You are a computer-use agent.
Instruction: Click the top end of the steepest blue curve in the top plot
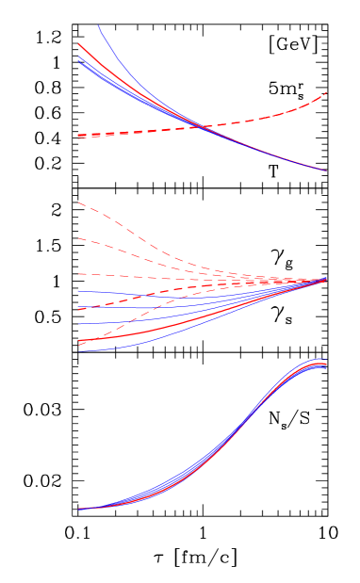[x=98, y=25]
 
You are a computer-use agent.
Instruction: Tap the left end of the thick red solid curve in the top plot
[x=79, y=43]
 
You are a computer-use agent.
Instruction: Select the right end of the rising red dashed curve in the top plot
[x=326, y=92]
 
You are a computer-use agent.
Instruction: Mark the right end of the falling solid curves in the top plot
[x=326, y=170]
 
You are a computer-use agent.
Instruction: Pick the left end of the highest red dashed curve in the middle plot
[x=79, y=202]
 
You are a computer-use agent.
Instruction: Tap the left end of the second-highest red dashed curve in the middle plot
[x=79, y=238]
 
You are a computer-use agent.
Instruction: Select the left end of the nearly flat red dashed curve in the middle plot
[x=79, y=274]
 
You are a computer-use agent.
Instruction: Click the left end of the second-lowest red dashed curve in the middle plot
[x=79, y=309]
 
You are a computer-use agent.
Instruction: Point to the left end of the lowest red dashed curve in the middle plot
[x=79, y=345]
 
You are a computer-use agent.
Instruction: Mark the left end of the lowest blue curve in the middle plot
[x=79, y=350]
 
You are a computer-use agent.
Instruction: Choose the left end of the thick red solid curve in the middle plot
[x=79, y=339]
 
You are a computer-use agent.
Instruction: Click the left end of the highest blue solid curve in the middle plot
[x=79, y=292]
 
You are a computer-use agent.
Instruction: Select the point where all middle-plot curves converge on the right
[x=326, y=280]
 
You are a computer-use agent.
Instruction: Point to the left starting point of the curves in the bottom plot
[x=79, y=509]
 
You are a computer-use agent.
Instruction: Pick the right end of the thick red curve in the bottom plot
[x=326, y=365]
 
